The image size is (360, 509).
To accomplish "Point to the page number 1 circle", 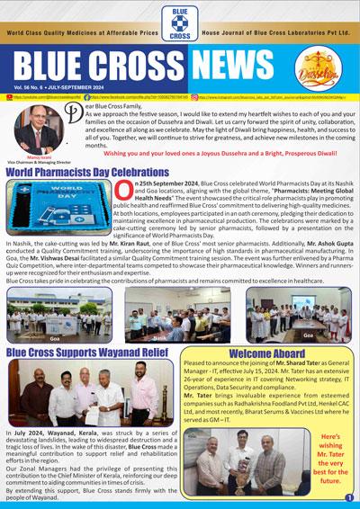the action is [348, 497].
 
